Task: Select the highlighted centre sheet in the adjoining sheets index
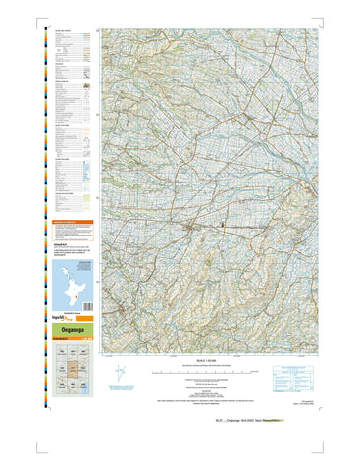[x=72, y=371]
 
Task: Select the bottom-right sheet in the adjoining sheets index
[x=85, y=388]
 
